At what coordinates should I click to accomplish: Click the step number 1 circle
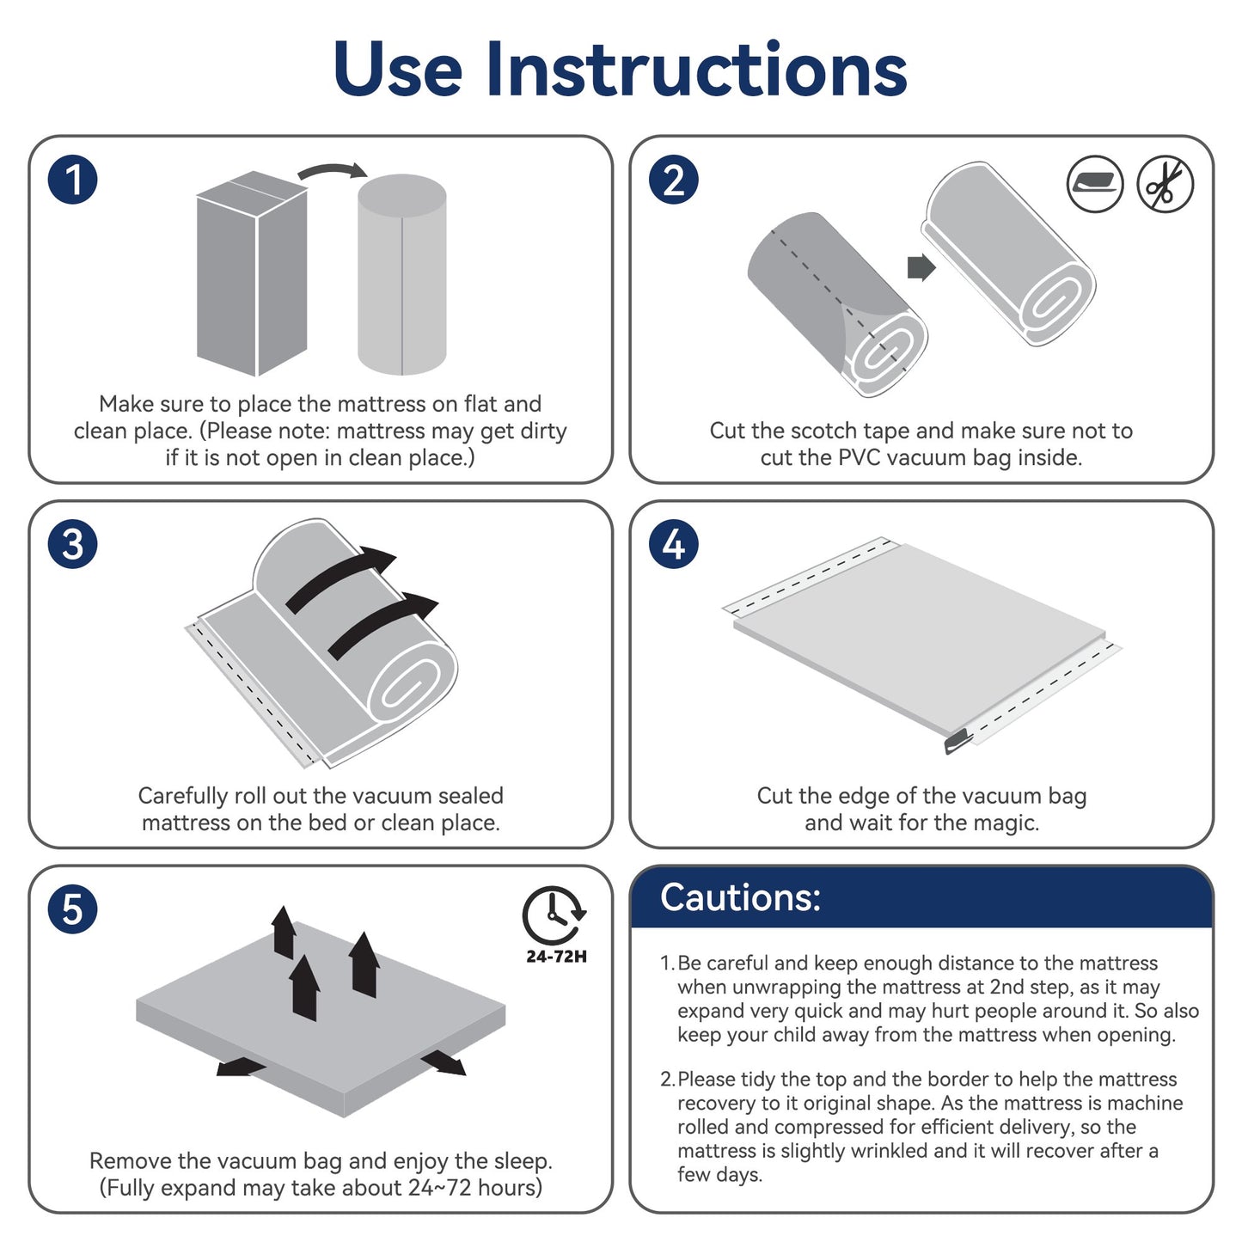[73, 180]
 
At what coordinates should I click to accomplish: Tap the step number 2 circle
[674, 180]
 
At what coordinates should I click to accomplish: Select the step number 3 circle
[73, 544]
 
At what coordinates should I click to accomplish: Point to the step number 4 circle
[674, 544]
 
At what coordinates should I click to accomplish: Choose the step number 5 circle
[73, 909]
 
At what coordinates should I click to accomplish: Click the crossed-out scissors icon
[1165, 184]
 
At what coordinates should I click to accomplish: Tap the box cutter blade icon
[1095, 184]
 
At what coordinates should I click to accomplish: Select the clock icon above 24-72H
[554, 916]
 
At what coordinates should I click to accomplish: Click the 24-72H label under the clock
[556, 957]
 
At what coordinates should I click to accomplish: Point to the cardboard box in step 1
[252, 273]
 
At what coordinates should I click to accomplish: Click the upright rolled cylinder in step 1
[402, 275]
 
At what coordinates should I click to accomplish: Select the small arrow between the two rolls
[921, 267]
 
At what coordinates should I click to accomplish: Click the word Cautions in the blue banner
[740, 897]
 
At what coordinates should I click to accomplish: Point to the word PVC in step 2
[860, 457]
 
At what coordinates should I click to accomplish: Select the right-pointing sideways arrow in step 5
[444, 1062]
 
